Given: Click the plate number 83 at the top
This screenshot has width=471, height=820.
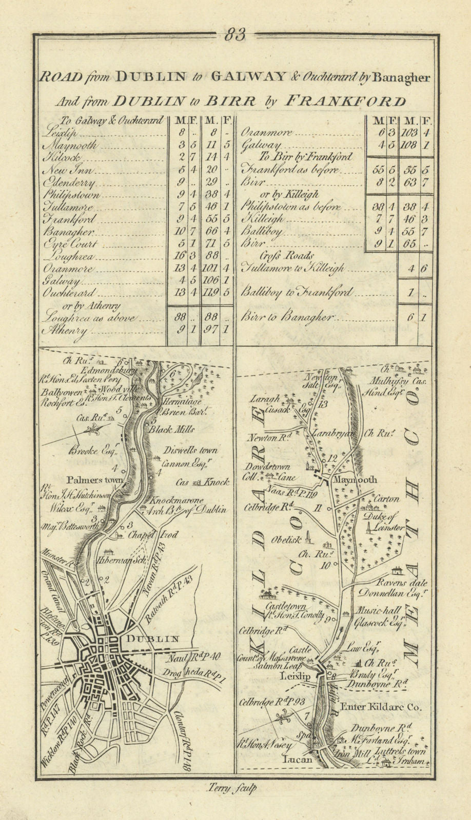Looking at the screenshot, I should [x=235, y=34].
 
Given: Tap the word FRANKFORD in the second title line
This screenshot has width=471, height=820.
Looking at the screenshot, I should [x=354, y=101].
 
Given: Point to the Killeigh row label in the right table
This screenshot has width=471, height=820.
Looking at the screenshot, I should [x=262, y=219].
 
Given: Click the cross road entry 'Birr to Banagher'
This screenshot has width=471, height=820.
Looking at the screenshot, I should [x=287, y=317].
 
